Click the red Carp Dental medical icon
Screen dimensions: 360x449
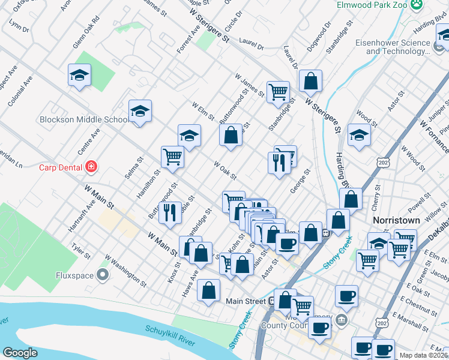coord(91,166)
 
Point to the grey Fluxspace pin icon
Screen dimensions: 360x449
coord(103,275)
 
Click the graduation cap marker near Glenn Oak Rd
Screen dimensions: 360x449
coord(79,75)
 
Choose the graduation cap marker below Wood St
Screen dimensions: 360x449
coord(359,134)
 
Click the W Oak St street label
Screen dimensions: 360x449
coord(225,169)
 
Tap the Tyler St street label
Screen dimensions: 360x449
coord(80,251)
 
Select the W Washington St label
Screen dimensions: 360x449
coord(125,270)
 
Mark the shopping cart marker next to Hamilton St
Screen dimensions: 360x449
coord(172,157)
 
